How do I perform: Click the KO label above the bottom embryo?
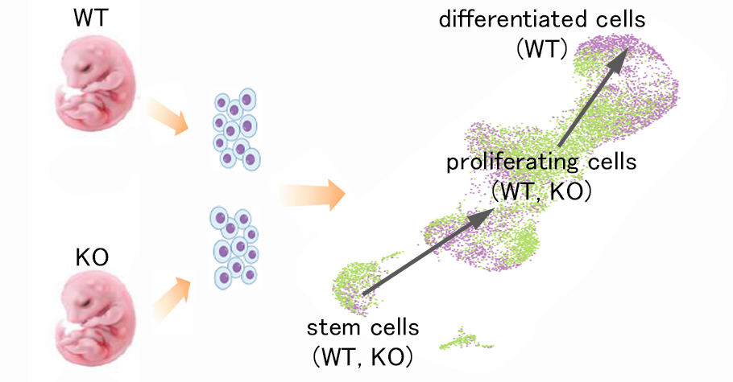pos(91,260)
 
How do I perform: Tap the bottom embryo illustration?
pos(91,322)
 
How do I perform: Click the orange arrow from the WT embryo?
pos(166,117)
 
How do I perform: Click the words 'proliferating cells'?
pos(542,163)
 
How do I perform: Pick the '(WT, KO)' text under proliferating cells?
pos(542,192)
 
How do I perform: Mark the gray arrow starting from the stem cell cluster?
pos(426,253)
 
